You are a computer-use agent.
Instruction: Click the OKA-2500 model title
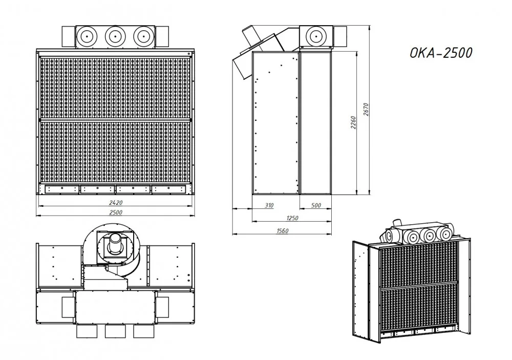[441, 53]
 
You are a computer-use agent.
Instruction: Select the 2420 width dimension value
[116, 203]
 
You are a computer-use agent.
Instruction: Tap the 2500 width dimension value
[116, 213]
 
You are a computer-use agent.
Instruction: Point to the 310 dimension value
[269, 205]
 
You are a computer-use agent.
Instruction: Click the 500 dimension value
[316, 205]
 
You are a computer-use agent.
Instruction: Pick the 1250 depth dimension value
[292, 218]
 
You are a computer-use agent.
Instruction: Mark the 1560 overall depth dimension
[282, 231]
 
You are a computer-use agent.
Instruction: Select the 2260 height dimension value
[353, 122]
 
